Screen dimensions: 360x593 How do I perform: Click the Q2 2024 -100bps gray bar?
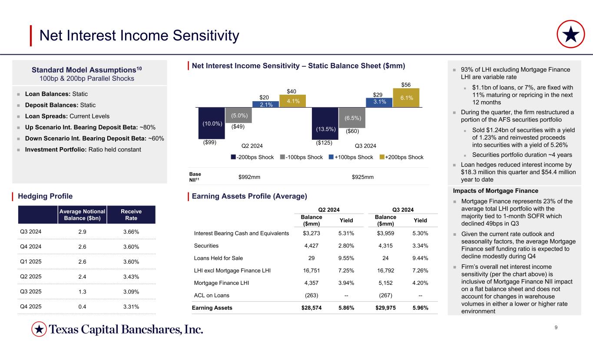coord(238,115)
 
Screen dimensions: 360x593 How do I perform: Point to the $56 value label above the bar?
coord(406,84)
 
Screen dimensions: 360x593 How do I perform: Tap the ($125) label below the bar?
coord(324,142)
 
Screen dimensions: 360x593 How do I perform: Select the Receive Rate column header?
coord(131,215)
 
